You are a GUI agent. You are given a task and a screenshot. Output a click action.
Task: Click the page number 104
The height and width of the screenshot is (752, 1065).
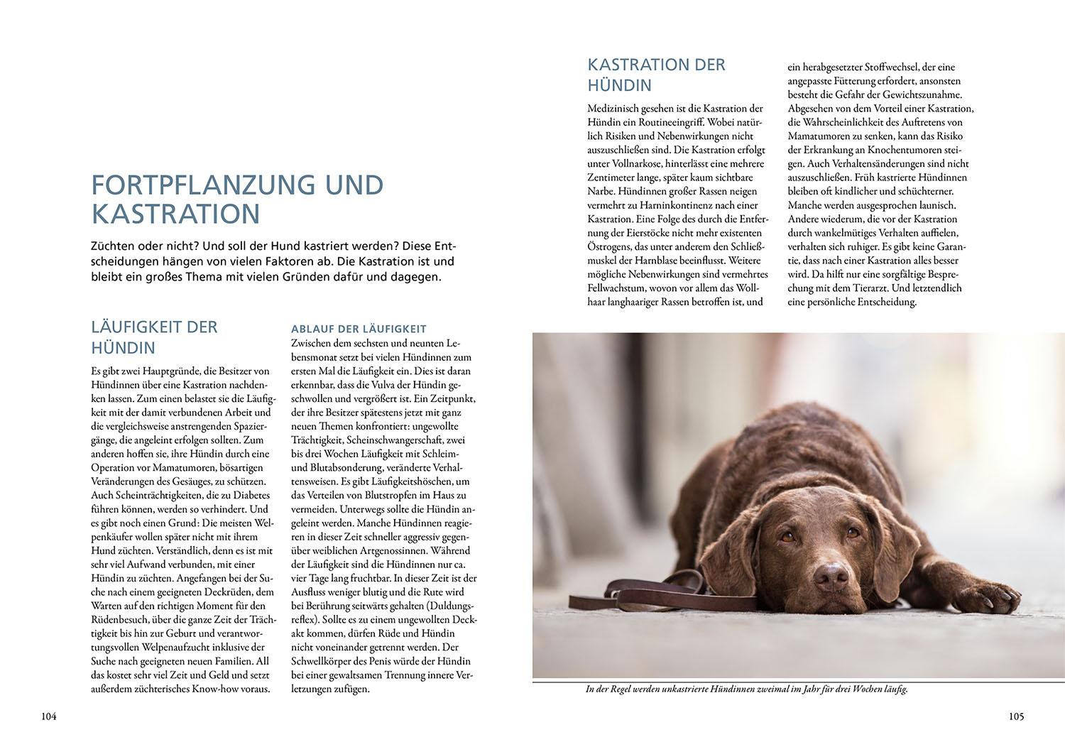(48, 716)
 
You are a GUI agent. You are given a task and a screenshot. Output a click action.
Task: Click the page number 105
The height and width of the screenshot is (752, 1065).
(1016, 716)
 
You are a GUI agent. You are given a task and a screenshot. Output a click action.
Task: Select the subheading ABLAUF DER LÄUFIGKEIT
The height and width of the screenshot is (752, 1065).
(358, 329)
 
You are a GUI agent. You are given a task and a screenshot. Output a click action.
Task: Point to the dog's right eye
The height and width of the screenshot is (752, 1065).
(787, 538)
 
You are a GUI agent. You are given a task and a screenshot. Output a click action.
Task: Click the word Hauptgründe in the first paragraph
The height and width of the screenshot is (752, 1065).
(160, 371)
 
